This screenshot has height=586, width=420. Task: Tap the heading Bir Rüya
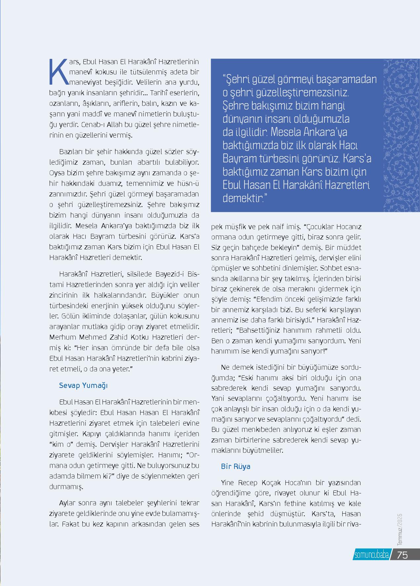tap(235, 466)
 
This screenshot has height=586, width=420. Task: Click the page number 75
tap(402, 555)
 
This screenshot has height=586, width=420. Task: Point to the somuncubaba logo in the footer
tap(371, 555)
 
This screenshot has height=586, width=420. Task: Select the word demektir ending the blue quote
tap(243, 198)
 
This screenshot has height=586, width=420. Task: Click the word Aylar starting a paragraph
tap(67, 503)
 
